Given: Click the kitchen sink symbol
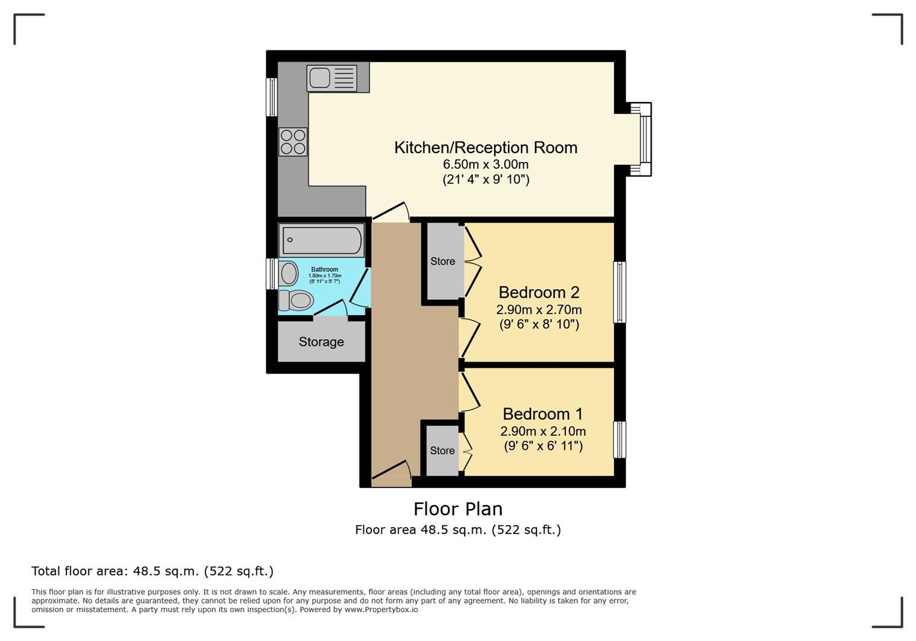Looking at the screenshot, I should tap(332, 78).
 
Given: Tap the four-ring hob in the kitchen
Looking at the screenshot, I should tap(293, 142).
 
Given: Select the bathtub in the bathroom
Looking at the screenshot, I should tap(322, 240).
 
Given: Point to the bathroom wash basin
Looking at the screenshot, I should tap(289, 274).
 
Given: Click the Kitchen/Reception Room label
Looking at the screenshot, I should tap(485, 148).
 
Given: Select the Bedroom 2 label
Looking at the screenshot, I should tap(539, 293).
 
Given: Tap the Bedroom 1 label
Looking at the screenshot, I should tap(542, 414).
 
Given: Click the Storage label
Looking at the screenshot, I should tap(321, 342).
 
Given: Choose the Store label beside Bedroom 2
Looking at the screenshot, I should tap(443, 261).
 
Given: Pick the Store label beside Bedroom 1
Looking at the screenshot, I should tap(442, 450).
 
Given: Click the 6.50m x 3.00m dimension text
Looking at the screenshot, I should tap(485, 164).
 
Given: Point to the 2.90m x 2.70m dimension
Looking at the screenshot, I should tap(539, 310).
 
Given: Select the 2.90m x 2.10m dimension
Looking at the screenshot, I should tap(543, 431).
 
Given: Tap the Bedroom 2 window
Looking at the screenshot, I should tap(619, 292).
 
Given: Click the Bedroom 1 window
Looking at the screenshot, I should tap(619, 440).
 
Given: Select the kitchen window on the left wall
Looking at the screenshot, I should tap(272, 97).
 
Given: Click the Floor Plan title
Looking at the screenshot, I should tap(457, 509).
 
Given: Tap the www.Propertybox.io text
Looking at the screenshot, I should tap(381, 610).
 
